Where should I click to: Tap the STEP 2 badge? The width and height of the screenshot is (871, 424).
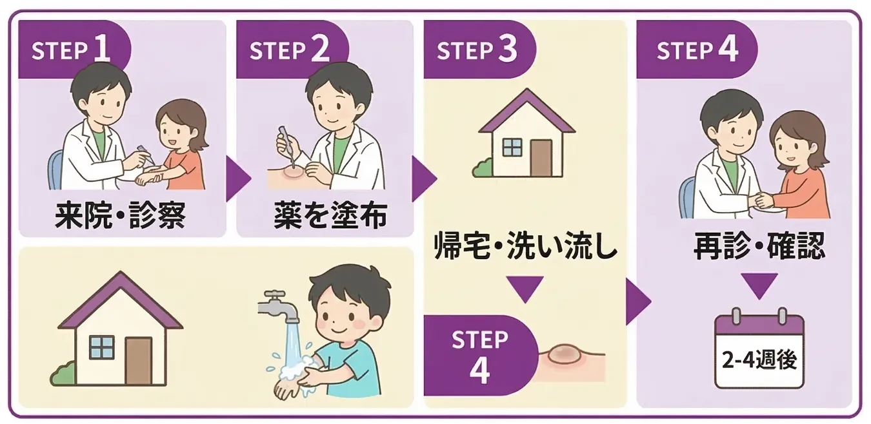[x=290, y=50]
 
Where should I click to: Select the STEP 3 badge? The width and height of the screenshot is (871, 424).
[x=477, y=50]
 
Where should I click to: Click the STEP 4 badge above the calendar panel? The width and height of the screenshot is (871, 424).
[x=697, y=50]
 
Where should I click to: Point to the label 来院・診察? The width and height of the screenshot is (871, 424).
[x=120, y=216]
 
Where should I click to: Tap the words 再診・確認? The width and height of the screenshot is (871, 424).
[x=759, y=246]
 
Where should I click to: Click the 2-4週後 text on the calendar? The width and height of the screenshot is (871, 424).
[x=759, y=359]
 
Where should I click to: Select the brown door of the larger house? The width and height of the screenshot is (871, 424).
[x=138, y=360]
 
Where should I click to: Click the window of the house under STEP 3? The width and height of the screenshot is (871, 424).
[x=512, y=148]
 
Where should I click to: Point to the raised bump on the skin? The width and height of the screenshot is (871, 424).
[x=565, y=354]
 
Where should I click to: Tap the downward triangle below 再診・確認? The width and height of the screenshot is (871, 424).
[x=759, y=285]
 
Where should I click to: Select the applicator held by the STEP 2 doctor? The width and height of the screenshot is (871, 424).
[x=286, y=143]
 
